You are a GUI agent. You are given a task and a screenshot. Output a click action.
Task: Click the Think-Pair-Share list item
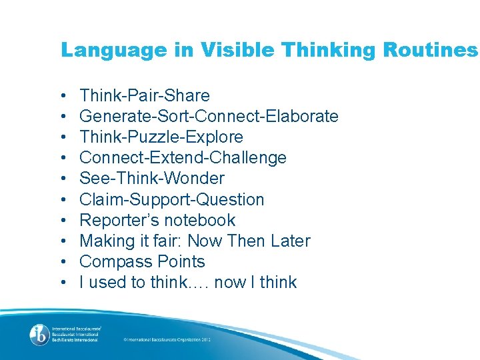[x=145, y=96]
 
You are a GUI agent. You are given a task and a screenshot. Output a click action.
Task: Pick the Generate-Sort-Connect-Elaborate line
[x=209, y=117]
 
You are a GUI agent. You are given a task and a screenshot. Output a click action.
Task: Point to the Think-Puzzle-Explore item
[x=161, y=137]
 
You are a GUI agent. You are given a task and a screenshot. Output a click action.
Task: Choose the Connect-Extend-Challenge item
[x=183, y=158]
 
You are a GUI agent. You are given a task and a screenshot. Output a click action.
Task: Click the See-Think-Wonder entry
[x=152, y=179]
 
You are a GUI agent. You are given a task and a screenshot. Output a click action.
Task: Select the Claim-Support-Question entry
[x=172, y=199]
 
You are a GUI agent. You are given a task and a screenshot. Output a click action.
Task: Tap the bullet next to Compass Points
[x=62, y=262]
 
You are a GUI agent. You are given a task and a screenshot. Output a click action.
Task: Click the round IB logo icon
[x=39, y=333]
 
